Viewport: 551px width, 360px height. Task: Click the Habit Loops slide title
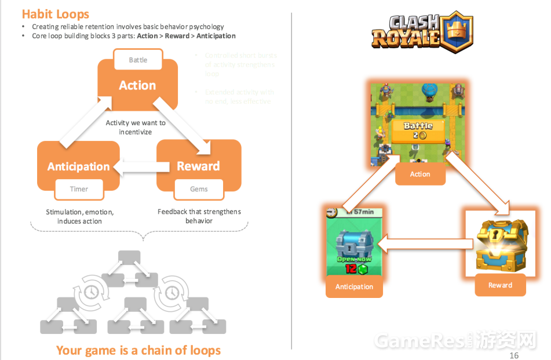tap(56, 13)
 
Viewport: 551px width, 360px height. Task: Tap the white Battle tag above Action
tap(138, 60)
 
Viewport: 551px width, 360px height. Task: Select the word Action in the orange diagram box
tap(137, 85)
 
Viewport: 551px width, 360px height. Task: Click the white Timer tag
tap(79, 189)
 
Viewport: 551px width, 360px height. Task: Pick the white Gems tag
tap(199, 189)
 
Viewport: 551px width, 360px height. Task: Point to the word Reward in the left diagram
tap(198, 166)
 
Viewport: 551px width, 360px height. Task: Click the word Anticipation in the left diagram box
tap(78, 166)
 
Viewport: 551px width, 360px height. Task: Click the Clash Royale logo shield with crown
tap(457, 31)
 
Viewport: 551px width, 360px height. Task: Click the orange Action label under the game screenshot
tap(420, 174)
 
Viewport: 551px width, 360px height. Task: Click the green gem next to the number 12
tap(363, 270)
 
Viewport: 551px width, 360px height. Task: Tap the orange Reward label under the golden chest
tap(500, 285)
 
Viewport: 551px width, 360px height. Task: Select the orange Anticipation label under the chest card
tap(354, 287)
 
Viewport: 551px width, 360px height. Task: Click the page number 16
tap(513, 355)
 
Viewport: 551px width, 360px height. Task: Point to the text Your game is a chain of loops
tap(138, 350)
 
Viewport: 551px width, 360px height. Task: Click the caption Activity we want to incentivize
tap(136, 128)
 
